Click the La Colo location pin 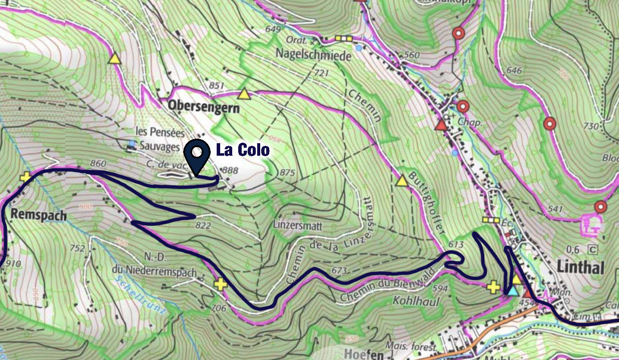(x=197, y=152)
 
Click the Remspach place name (x=39, y=214)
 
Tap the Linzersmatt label (x=298, y=226)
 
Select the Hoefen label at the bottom (x=364, y=354)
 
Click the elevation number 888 (x=230, y=171)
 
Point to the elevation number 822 (x=202, y=226)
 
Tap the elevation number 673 (x=339, y=271)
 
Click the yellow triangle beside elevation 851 (x=244, y=94)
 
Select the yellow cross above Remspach (x=25, y=177)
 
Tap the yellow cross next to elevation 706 (x=220, y=284)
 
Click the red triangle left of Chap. (x=440, y=125)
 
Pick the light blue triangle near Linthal (x=512, y=290)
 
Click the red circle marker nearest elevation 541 (x=600, y=207)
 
